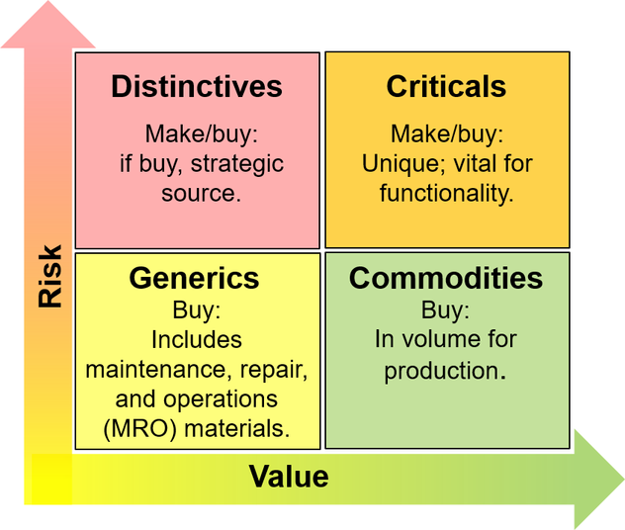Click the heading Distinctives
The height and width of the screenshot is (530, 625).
(196, 86)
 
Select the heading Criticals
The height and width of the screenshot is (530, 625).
(446, 86)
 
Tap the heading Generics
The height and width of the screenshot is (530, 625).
(194, 278)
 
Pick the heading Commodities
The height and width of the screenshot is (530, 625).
(446, 278)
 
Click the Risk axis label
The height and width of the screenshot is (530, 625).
(49, 276)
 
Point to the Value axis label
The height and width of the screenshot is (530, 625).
(288, 477)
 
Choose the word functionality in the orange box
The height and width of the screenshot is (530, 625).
(446, 192)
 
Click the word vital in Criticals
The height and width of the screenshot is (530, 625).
(475, 163)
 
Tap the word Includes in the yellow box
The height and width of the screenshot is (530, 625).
(197, 339)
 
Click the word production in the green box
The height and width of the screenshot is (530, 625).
(441, 371)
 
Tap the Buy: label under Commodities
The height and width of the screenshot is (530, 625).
(446, 309)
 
